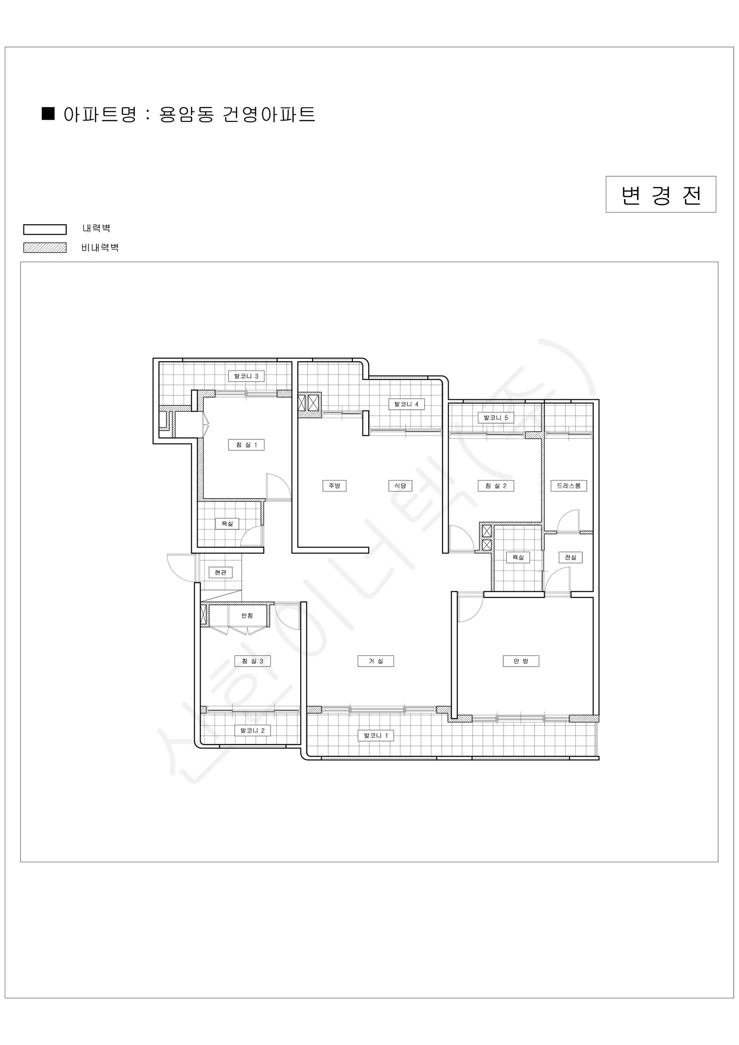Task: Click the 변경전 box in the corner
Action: coord(661,194)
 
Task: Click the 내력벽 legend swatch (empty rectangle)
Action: coord(44,229)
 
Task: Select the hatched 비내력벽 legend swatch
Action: coord(44,248)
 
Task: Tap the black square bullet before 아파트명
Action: coord(48,113)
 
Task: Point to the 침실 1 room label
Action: coord(246,445)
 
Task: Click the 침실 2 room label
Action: coord(496,485)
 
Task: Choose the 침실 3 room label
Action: coord(252,661)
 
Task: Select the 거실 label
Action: coord(376,661)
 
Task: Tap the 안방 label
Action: coord(521,661)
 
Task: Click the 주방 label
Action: coord(334,485)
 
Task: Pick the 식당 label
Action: coord(400,485)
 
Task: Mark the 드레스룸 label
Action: coord(569,485)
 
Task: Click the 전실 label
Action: coord(571,557)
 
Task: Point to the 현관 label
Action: coord(221,572)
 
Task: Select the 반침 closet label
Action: coord(247,615)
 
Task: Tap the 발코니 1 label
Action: coord(376,735)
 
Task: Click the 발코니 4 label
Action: coord(406,404)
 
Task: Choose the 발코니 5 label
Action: coord(496,418)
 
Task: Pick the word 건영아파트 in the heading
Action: coord(269,114)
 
